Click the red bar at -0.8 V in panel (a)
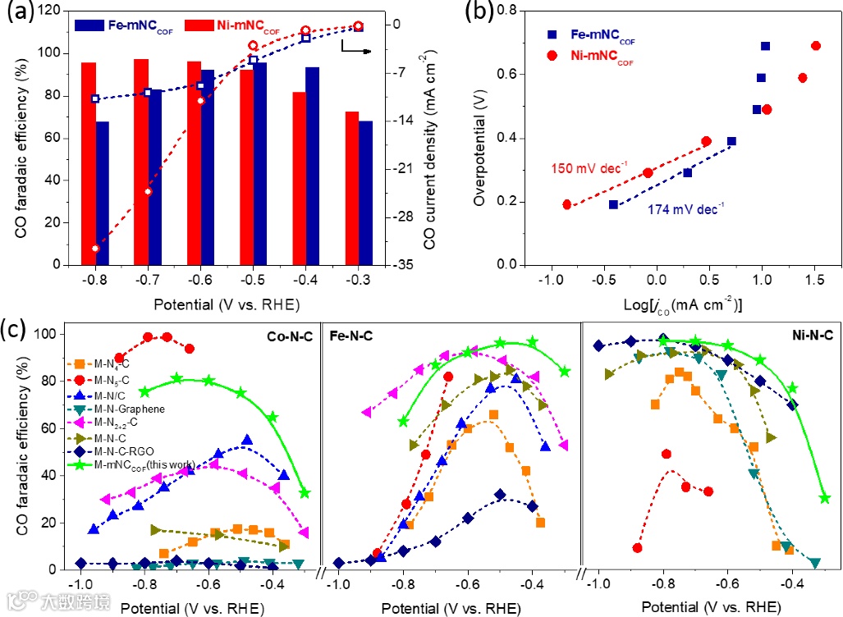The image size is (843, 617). pos(89,163)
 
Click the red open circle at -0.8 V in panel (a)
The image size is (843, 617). pos(95,248)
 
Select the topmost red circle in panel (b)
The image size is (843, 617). pos(816,46)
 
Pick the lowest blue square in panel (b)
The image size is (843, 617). pos(613,204)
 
